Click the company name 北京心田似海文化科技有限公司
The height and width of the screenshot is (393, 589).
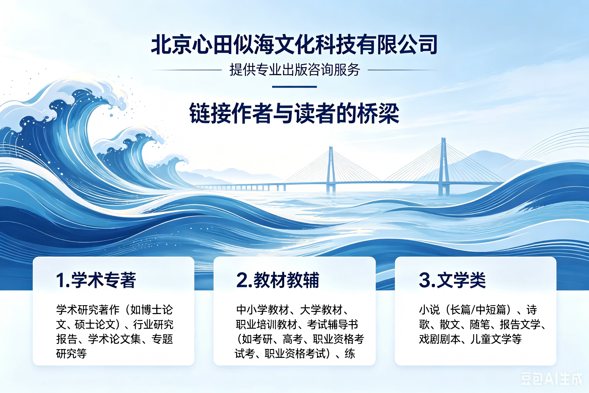[294, 45]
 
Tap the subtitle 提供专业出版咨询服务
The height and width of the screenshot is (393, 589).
[295, 70]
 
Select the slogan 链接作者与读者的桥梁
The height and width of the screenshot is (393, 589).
[294, 113]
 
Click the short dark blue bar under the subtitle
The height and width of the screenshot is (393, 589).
[294, 87]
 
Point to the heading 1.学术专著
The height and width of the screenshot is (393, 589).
[96, 280]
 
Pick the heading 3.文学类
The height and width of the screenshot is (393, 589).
[452, 280]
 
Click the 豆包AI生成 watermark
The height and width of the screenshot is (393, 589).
[552, 379]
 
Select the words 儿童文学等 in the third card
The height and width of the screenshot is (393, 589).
[496, 339]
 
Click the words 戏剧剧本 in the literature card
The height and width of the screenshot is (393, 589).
[440, 339]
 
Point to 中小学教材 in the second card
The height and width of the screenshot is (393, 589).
[263, 310]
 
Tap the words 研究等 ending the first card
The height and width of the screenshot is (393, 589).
[71, 354]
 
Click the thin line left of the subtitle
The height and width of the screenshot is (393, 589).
[186, 70]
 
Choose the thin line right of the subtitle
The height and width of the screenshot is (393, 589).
[403, 70]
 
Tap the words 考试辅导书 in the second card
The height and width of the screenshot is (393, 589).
[333, 325]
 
